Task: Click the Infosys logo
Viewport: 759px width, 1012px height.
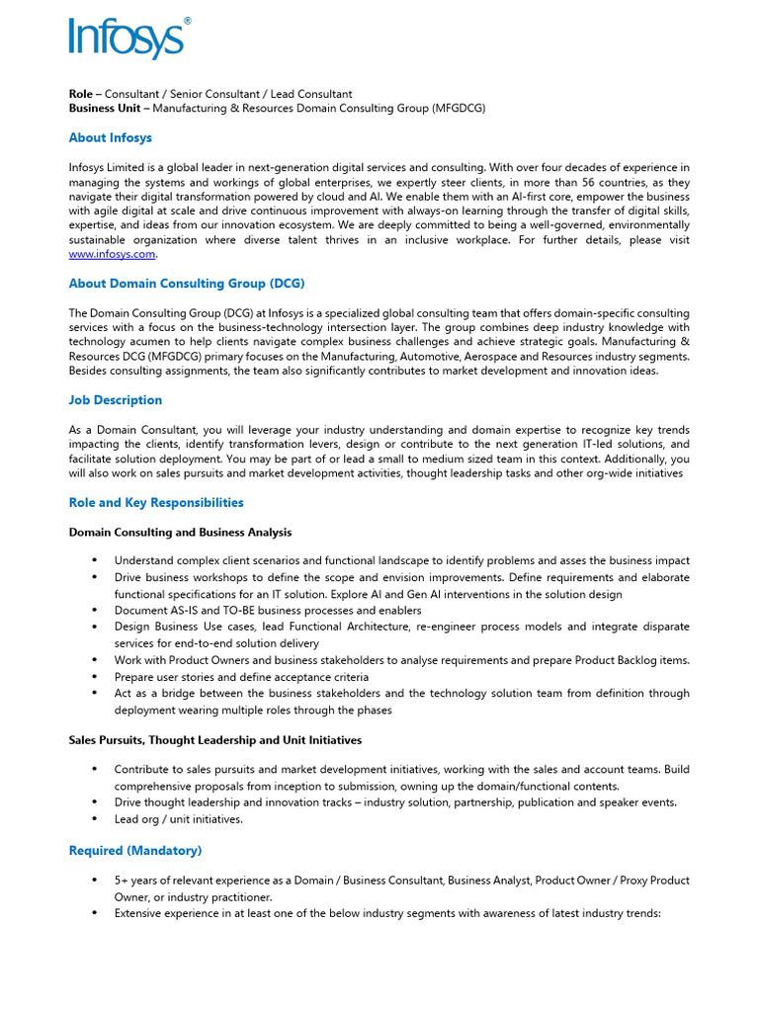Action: coord(126,40)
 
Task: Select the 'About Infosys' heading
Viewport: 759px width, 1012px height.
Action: coord(110,137)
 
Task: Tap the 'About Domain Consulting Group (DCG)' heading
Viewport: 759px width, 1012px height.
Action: coord(181,284)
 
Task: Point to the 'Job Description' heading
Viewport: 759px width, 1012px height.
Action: coord(115,400)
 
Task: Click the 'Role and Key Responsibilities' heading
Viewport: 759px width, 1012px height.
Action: coord(155,503)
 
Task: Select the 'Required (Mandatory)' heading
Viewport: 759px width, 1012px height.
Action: coord(134,851)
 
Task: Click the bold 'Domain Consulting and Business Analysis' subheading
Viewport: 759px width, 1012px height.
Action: coord(180,533)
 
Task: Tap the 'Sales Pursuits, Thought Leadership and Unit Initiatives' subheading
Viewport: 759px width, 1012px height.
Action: coord(214,740)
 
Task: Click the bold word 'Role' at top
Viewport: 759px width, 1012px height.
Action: coord(80,94)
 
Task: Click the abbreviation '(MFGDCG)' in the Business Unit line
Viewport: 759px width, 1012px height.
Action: coord(459,108)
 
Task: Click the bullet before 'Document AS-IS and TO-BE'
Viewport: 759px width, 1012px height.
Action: coord(94,611)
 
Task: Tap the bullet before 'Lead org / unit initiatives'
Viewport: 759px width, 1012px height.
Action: coord(94,819)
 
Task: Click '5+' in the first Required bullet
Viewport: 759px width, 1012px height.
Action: coord(121,881)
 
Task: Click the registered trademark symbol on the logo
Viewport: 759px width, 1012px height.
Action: coord(188,21)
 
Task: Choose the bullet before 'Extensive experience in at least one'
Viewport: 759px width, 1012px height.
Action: coord(94,914)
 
